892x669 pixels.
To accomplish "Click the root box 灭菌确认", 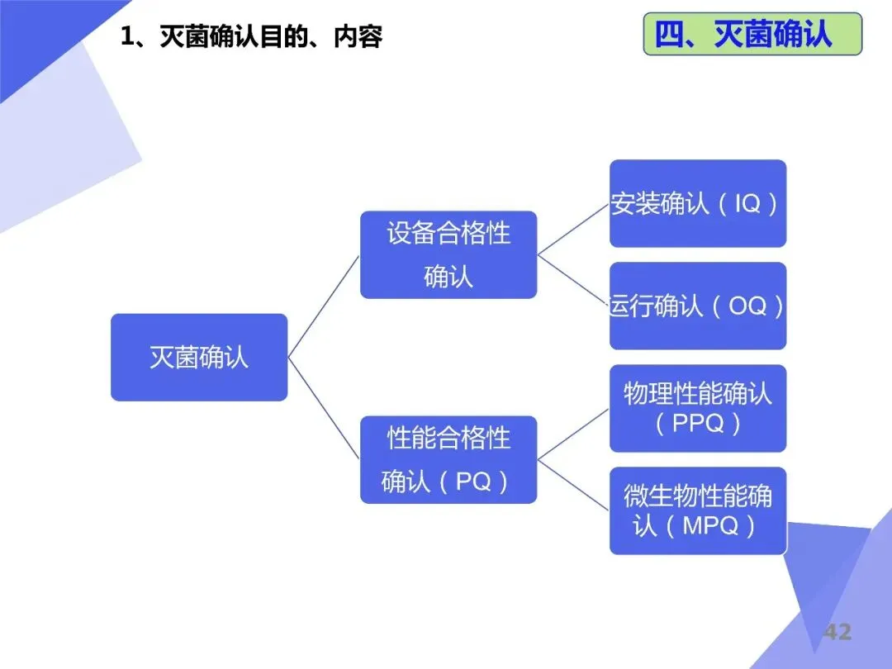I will tap(199, 357).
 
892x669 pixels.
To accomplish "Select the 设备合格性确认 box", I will tap(448, 254).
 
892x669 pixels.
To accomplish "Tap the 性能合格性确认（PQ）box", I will tap(448, 459).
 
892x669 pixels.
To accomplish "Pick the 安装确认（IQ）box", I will tap(698, 203).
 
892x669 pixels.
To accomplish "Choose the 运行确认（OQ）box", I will tap(698, 306).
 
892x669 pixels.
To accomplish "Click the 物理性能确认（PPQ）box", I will tap(698, 408).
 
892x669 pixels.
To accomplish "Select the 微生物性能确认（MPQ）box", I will tap(698, 510).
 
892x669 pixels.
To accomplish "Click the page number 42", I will tap(837, 633).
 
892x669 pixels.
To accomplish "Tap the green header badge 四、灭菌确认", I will tap(752, 34).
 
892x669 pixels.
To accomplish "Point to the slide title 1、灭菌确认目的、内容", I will tap(251, 37).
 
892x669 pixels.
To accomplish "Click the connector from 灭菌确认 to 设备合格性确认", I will tap(324, 306).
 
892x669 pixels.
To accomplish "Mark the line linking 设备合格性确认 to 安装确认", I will tap(573, 229).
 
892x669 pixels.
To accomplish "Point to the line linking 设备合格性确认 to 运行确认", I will tap(573, 280).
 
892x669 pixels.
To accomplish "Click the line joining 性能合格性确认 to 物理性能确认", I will tap(573, 434).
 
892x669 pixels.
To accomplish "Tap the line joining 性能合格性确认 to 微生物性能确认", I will tap(573, 485).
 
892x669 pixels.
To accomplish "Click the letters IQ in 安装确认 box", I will tap(747, 203).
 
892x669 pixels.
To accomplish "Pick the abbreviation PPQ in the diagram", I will tap(698, 423).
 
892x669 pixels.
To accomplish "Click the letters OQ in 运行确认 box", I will tap(747, 306).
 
